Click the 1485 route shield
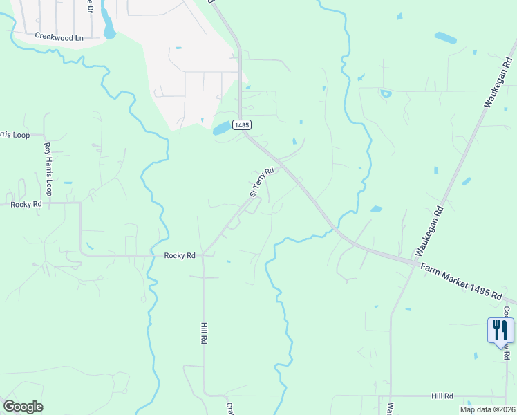pos(241,125)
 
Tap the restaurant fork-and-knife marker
pos(500,331)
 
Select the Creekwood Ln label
pos(59,37)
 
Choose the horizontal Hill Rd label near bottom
pos(442,396)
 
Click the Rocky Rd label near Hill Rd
pos(180,255)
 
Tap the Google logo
pos(23,407)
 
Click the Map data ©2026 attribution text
pos(487,409)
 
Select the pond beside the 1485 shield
pos(221,129)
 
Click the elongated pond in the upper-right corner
pos(445,37)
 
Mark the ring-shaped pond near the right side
pos(386,93)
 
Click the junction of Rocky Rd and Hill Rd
pos(203,255)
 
